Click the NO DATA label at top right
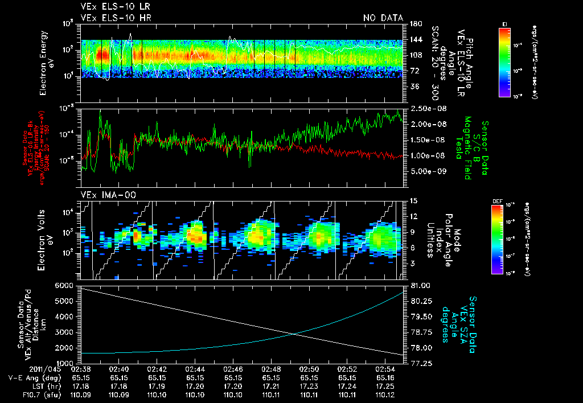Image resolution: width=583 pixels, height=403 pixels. tap(383, 18)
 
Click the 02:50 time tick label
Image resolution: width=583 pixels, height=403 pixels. tap(309, 369)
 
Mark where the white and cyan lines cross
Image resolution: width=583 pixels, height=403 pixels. tap(294, 334)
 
